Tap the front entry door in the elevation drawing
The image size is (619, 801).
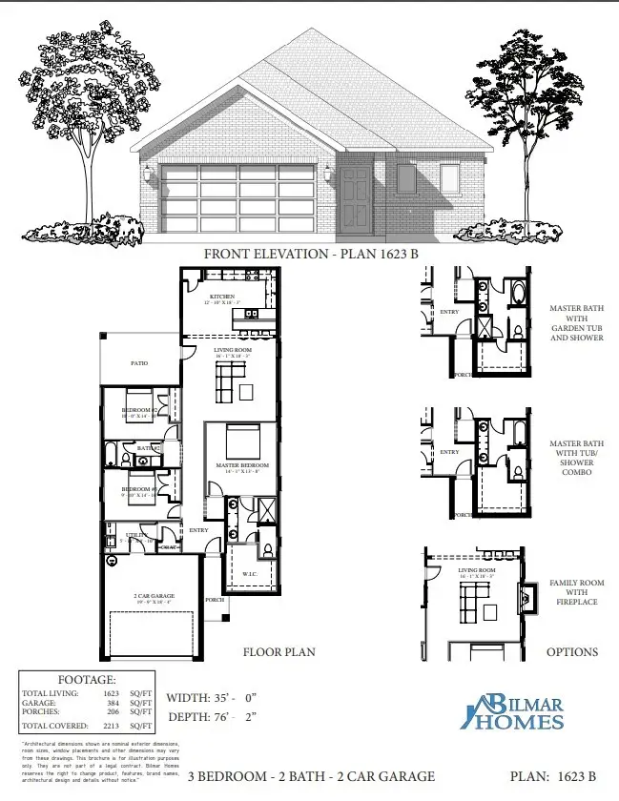pyautogui.click(x=354, y=199)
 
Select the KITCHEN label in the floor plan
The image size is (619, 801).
pyautogui.click(x=222, y=298)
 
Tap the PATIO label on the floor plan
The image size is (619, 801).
pyautogui.click(x=139, y=362)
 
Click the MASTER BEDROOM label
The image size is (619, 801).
pyautogui.click(x=243, y=465)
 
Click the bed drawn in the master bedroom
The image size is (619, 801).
pyautogui.click(x=238, y=441)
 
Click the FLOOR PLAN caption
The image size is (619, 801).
pyautogui.click(x=279, y=652)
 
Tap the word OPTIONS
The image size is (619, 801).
pyautogui.click(x=571, y=652)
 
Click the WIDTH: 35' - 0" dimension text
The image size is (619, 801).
pyautogui.click(x=216, y=697)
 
